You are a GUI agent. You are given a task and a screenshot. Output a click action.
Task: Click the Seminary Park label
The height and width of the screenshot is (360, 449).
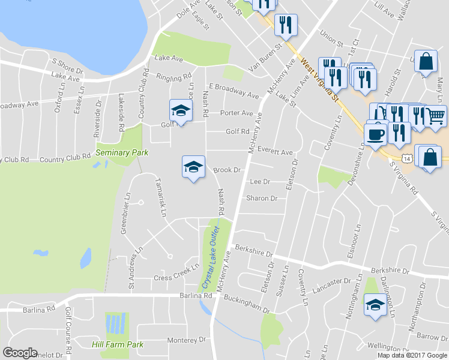click(x=122, y=153)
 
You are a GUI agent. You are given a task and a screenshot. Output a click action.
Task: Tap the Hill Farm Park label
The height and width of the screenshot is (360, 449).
click(x=118, y=345)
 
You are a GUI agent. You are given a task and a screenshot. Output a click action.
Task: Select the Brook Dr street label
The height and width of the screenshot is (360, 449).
click(x=227, y=170)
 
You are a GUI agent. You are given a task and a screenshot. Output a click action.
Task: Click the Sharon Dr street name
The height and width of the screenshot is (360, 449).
click(x=262, y=199)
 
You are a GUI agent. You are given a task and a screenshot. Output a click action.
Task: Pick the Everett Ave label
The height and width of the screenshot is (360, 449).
click(x=275, y=152)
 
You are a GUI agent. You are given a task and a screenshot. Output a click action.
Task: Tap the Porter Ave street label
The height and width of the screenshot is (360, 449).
click(x=237, y=113)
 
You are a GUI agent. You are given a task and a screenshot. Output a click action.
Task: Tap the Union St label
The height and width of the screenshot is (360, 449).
click(x=331, y=39)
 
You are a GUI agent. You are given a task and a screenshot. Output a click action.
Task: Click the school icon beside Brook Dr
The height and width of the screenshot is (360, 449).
click(x=193, y=167)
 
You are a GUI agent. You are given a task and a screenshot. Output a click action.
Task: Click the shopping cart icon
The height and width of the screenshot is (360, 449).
click(x=436, y=116)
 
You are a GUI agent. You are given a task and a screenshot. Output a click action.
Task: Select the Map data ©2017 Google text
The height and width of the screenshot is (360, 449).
click(x=412, y=355)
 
